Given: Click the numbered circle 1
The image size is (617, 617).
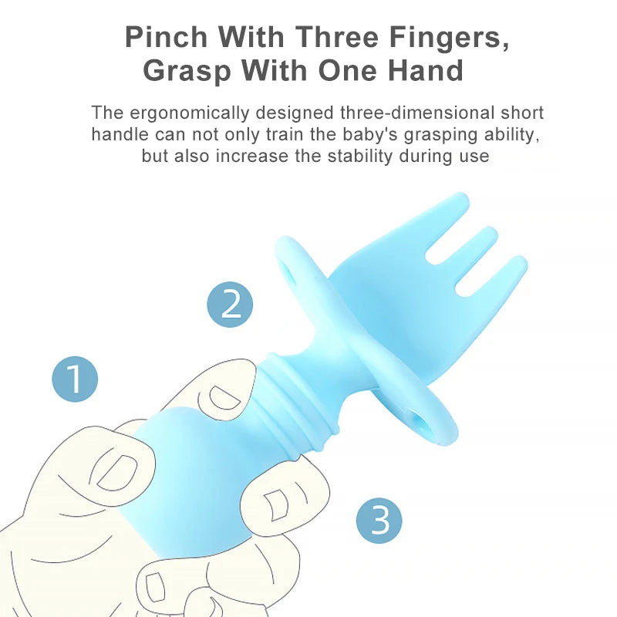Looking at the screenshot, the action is [75, 379].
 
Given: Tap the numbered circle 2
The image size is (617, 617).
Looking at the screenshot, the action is [230, 304].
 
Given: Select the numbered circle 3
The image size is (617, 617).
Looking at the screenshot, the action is [379, 521].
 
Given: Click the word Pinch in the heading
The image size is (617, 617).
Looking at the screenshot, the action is [166, 37].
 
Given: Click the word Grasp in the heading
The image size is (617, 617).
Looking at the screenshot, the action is [187, 71].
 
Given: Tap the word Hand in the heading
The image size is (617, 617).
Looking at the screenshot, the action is [426, 70].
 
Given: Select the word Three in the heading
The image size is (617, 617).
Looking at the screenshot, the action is [337, 37].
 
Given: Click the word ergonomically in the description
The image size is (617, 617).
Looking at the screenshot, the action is [190, 113].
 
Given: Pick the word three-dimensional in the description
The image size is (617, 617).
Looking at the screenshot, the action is [417, 113].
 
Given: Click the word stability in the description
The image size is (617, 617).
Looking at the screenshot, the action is [360, 157].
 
